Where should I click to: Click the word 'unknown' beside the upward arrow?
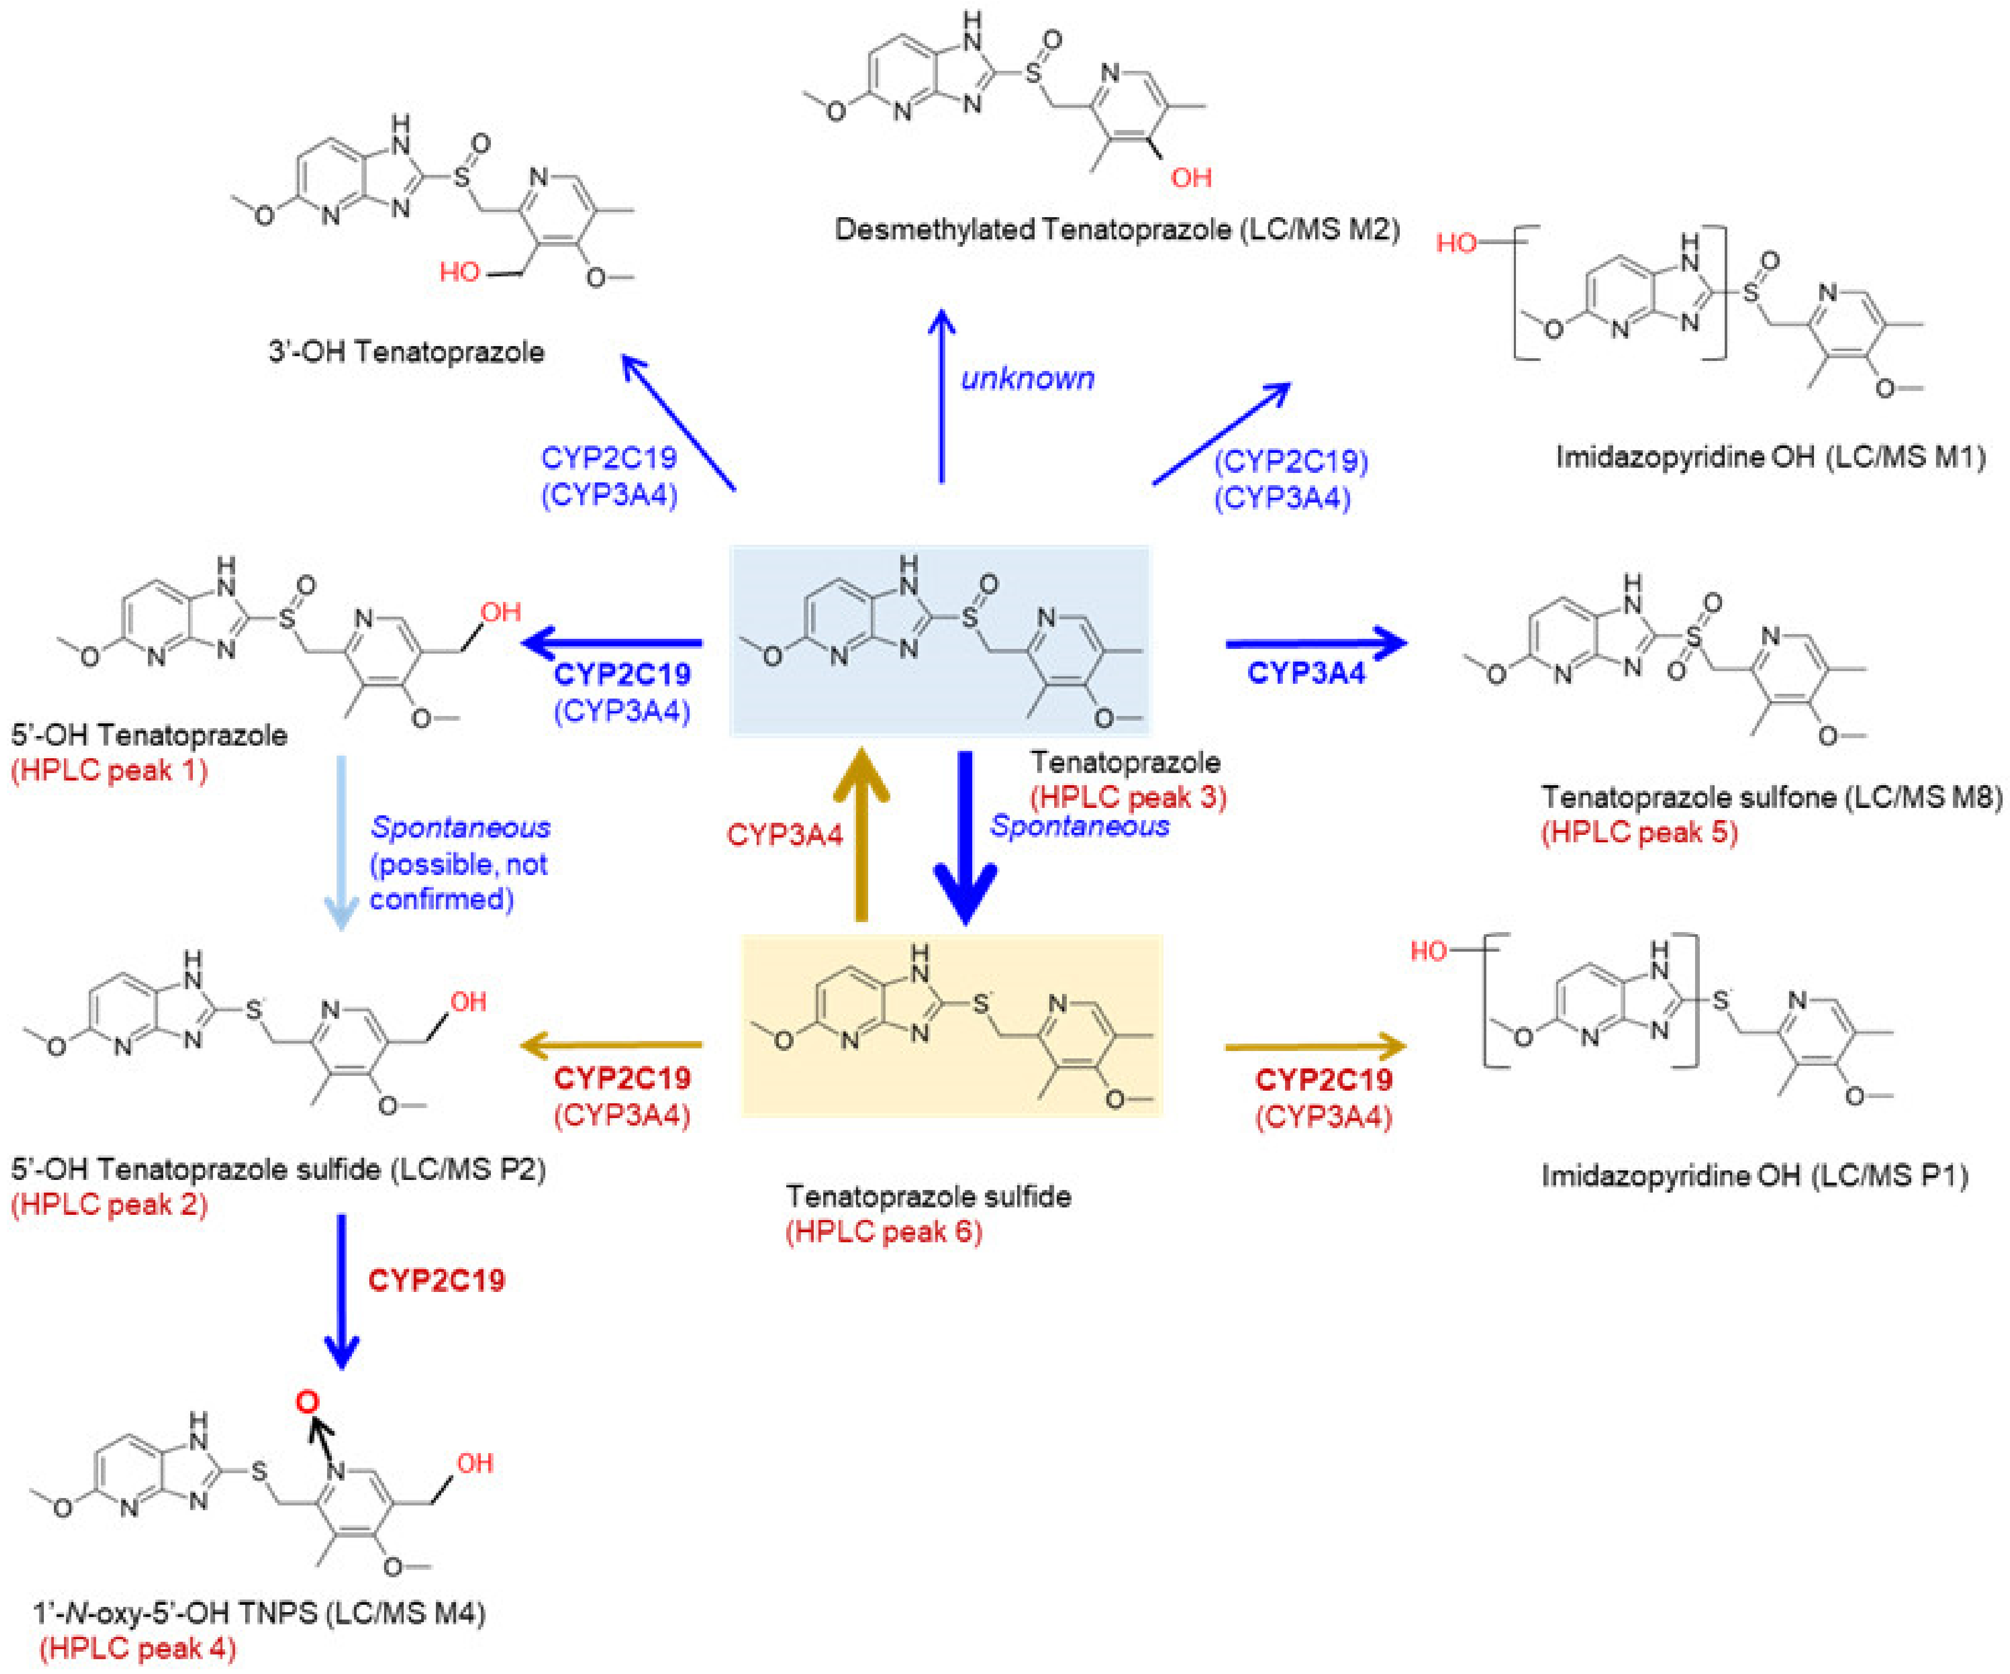coord(1027,379)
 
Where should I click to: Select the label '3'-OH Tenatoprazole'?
coord(406,352)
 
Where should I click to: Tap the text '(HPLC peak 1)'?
coord(109,770)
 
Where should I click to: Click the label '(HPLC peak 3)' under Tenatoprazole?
coord(1128,797)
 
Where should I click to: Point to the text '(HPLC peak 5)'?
coord(1639,832)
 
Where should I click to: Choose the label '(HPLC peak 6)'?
coord(883,1231)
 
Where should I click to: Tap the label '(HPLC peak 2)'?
coord(109,1204)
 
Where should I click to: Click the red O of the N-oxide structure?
coord(306,1403)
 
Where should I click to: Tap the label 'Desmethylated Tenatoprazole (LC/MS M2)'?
coord(1117,230)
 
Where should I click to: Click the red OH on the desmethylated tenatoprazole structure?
coord(1190,178)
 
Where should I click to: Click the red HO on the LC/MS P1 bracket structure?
coord(1428,951)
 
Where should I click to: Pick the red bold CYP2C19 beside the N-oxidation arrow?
coord(436,1281)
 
